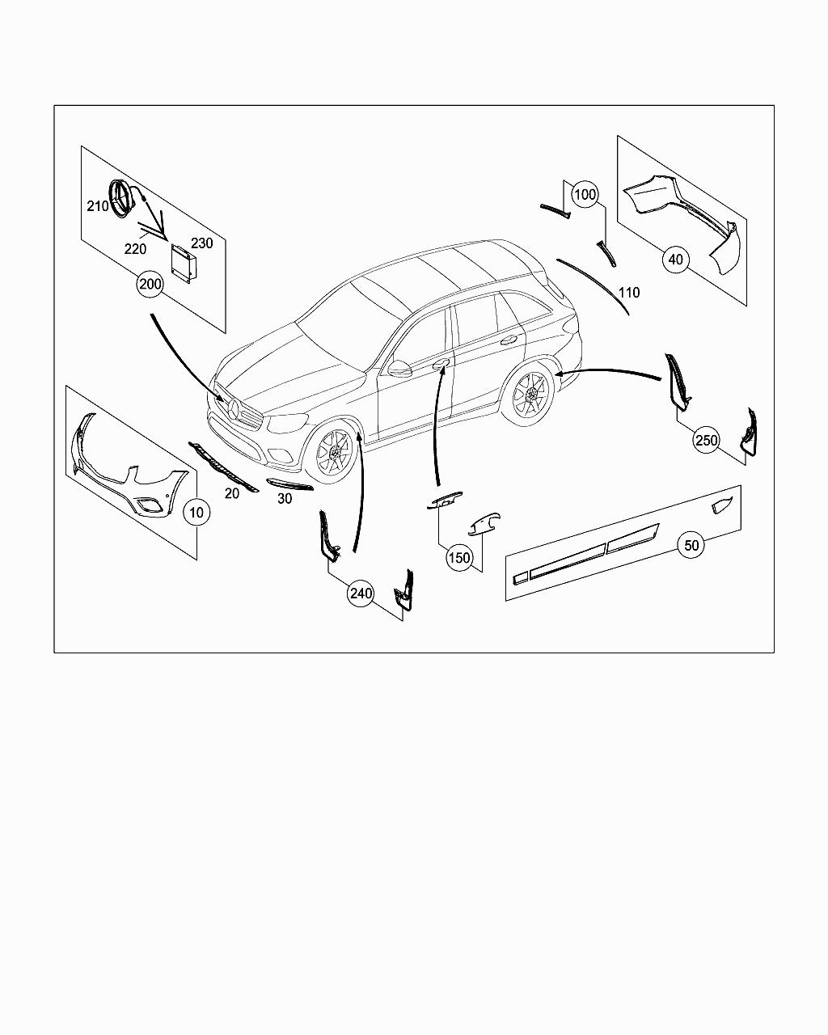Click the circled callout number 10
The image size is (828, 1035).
196,512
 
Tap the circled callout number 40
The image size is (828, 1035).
676,260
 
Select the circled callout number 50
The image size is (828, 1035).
691,545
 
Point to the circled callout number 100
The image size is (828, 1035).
585,195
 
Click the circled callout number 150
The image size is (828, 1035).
459,558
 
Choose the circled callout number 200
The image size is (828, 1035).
150,285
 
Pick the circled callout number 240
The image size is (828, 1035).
361,594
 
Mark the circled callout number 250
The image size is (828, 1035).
706,440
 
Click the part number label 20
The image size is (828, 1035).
232,493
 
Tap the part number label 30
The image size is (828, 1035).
285,499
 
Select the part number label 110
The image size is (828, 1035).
629,293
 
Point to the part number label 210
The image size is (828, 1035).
98,206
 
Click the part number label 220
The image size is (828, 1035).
135,249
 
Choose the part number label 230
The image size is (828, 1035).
201,243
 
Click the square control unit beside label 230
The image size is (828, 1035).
184,263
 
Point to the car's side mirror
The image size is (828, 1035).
399,368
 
